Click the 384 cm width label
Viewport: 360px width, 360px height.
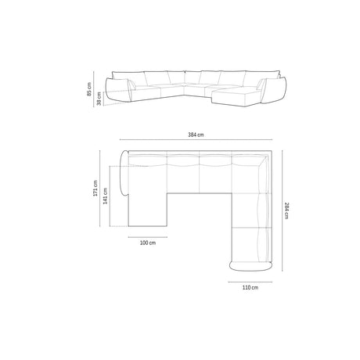point(196,135)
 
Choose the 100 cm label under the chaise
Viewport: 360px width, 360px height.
point(148,243)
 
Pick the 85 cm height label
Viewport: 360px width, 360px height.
point(90,92)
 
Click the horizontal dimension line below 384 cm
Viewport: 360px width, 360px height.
point(196,143)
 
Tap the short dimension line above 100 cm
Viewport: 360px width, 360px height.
point(148,235)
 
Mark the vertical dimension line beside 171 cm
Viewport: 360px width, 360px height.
point(102,189)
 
